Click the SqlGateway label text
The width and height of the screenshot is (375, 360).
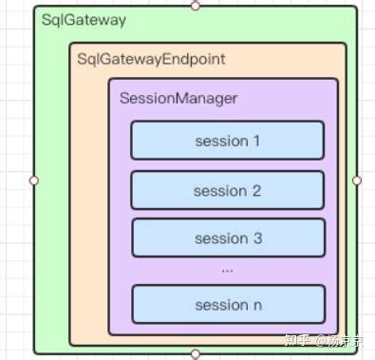[x=84, y=20]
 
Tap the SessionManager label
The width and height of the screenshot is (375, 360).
[x=178, y=98]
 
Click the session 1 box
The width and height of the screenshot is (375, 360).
[x=227, y=141]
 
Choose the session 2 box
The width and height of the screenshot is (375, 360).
[x=227, y=191]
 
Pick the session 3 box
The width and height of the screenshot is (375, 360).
[x=227, y=238]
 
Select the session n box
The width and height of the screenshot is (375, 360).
[x=227, y=304]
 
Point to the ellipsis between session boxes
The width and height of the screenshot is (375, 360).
[x=227, y=270]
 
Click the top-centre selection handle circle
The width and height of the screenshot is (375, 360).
[x=196, y=5]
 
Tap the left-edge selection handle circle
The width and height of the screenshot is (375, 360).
[x=34, y=180]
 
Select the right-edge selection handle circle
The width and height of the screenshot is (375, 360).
[x=357, y=180]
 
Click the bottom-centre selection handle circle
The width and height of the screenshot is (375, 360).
[x=196, y=354]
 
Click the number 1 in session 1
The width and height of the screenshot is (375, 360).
[x=256, y=142]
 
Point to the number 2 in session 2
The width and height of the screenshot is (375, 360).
[x=256, y=191]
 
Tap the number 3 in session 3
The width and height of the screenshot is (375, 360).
[x=257, y=238]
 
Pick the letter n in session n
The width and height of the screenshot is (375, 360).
[x=256, y=305]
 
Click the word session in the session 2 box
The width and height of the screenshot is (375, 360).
[x=220, y=191]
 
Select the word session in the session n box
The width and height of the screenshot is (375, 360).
[x=220, y=305]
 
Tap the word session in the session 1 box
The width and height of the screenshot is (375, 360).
[x=221, y=142]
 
